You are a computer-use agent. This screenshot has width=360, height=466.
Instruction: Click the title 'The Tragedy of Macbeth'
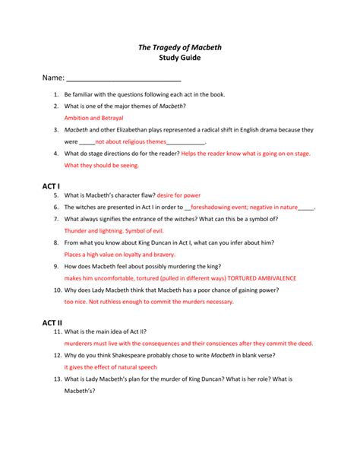(x=179, y=47)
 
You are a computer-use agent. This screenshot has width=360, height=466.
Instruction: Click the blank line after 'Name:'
(x=124, y=78)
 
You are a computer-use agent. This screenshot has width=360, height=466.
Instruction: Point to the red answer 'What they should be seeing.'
(x=102, y=164)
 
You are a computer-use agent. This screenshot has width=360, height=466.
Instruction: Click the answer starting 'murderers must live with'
(x=188, y=343)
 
